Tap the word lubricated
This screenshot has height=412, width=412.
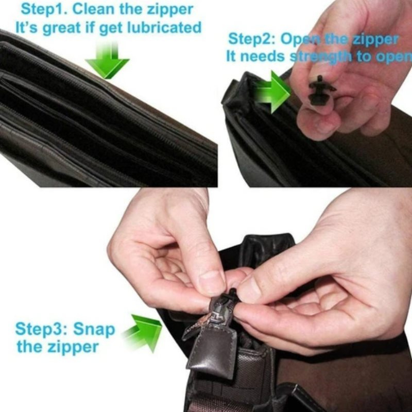(164, 28)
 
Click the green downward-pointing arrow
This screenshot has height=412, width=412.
(108, 61)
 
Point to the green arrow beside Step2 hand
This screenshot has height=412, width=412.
(272, 92)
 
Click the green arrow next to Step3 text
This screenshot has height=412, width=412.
(143, 332)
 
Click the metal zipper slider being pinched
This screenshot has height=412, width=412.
(220, 312)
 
